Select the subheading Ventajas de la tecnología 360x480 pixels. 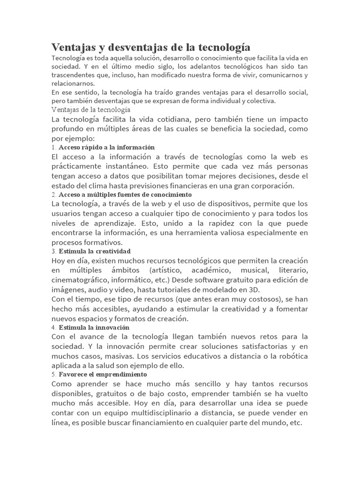tap(90, 109)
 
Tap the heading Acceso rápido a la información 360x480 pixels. tap(106, 147)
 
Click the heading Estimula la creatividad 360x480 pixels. tap(98, 251)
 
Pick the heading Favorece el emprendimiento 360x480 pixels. tap(103, 375)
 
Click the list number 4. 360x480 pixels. tap(53, 327)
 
